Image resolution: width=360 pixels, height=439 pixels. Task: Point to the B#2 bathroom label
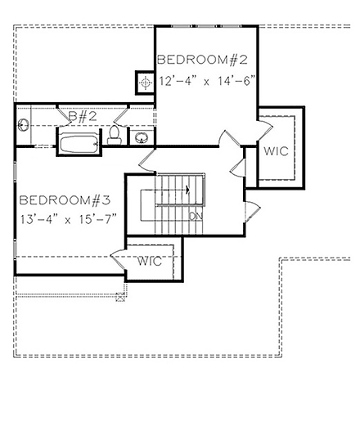point(83,117)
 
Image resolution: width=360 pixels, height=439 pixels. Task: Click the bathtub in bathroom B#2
point(78,144)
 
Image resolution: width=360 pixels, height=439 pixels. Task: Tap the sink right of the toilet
point(141,137)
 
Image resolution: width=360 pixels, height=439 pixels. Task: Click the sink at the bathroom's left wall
point(22,126)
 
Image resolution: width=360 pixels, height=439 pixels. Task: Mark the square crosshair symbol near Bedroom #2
point(145,83)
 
